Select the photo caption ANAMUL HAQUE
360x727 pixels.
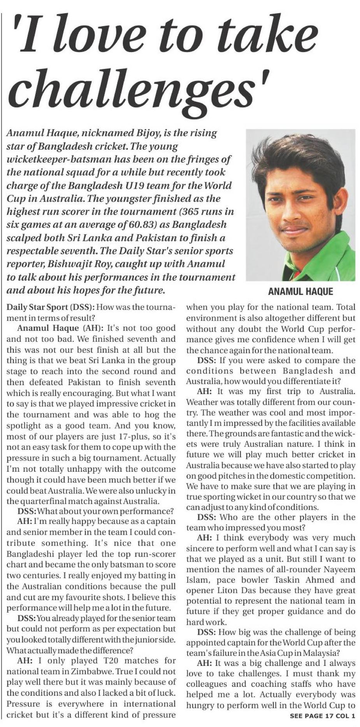tap(300, 291)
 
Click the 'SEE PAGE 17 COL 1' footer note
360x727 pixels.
tap(323, 715)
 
